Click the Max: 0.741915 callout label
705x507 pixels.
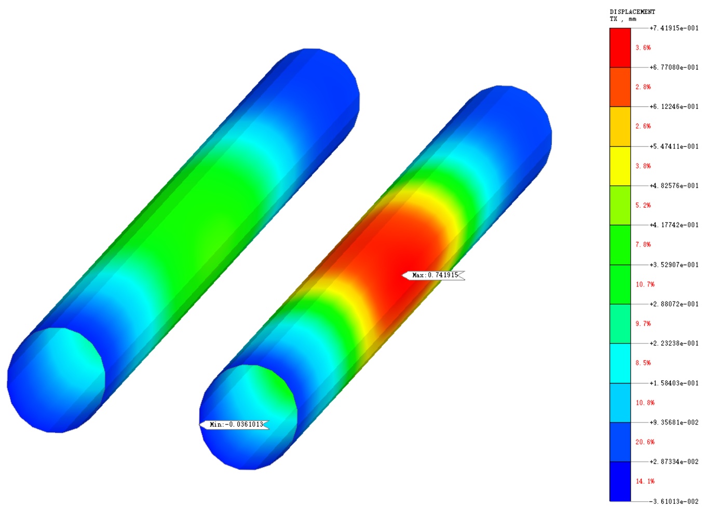point(433,275)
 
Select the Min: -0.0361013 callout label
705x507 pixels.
point(234,424)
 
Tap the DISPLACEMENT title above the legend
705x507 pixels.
point(632,12)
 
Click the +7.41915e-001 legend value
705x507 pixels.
point(674,29)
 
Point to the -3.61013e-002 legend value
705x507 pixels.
point(674,501)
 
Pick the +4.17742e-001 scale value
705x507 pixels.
point(674,225)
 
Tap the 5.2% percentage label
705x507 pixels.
point(643,205)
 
